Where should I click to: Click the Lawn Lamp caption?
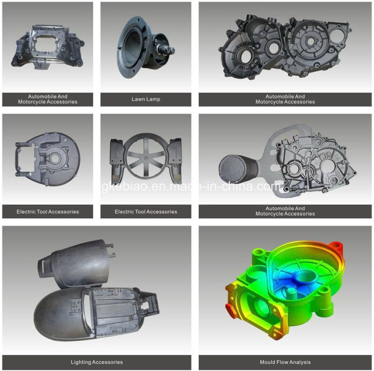pos(146,99)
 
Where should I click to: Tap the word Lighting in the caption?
pos(81,362)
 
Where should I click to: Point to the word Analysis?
pos(301,362)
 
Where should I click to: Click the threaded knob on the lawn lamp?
pos(166,51)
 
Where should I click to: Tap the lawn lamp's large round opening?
pos(133,47)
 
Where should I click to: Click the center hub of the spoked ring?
pos(146,158)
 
